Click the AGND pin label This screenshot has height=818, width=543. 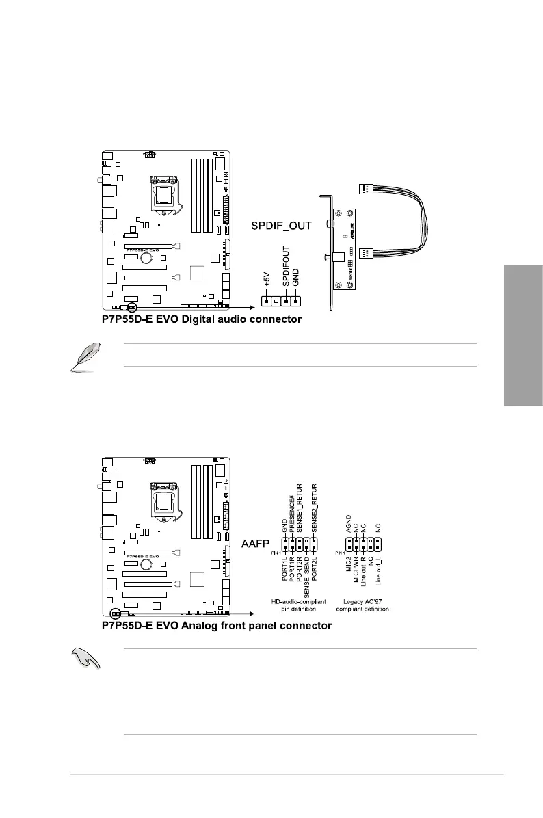349,525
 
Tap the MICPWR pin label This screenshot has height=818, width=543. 356,570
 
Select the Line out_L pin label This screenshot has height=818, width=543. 378,574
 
